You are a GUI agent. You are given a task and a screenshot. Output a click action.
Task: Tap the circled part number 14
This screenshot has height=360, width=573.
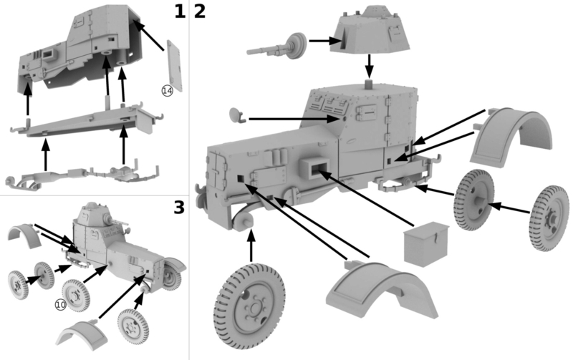point(167,91)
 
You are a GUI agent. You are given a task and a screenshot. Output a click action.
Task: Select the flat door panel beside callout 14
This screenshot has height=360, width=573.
point(175,65)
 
